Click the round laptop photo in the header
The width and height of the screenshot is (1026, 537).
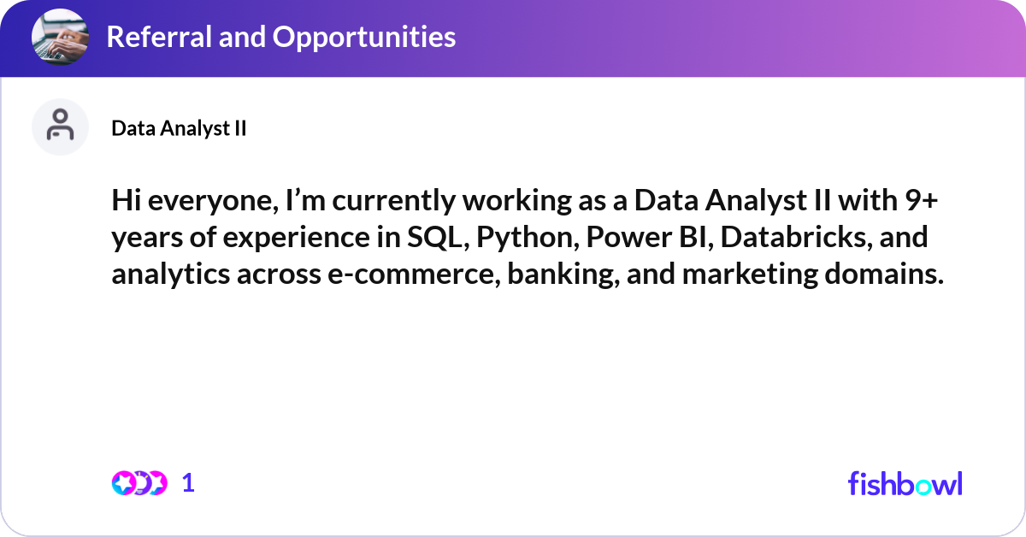click(60, 37)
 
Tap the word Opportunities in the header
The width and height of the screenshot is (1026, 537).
click(364, 38)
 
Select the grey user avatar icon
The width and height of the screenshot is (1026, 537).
click(60, 127)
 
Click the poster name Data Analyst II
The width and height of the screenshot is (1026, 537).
click(179, 128)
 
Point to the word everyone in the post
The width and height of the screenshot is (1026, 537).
click(213, 202)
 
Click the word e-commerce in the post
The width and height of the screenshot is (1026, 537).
click(414, 274)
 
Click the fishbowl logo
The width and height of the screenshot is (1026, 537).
click(905, 483)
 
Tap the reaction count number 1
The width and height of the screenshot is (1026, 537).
click(188, 483)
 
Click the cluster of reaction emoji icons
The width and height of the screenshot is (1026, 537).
click(139, 483)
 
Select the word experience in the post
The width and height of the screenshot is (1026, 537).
click(297, 239)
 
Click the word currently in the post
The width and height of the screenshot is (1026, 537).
click(393, 202)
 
